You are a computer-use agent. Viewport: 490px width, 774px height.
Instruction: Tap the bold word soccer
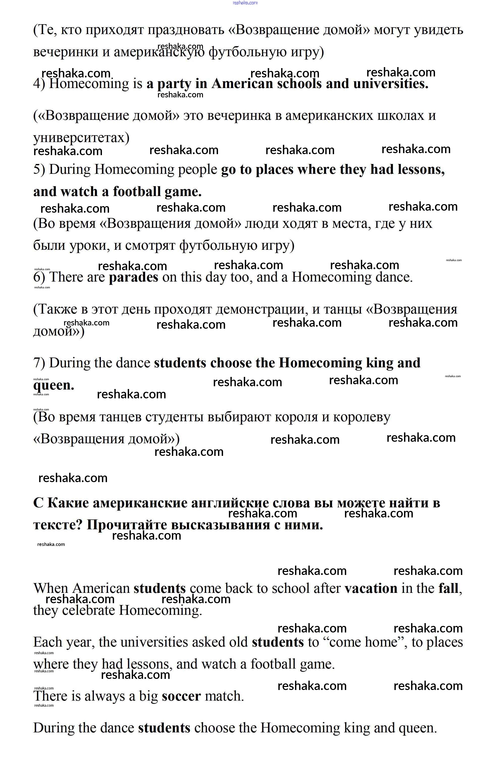pyautogui.click(x=181, y=696)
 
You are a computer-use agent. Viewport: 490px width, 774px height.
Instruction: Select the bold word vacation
pyautogui.click(x=371, y=589)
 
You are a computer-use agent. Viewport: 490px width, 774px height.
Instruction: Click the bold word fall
pyautogui.click(x=448, y=589)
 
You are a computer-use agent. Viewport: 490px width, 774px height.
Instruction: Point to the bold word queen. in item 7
pyautogui.click(x=54, y=385)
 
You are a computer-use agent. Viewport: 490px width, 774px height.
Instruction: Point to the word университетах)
pyautogui.click(x=81, y=138)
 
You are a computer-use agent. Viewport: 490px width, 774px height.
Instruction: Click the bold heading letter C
pyautogui.click(x=38, y=503)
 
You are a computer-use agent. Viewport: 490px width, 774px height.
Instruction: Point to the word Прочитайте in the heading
pyautogui.click(x=127, y=525)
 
